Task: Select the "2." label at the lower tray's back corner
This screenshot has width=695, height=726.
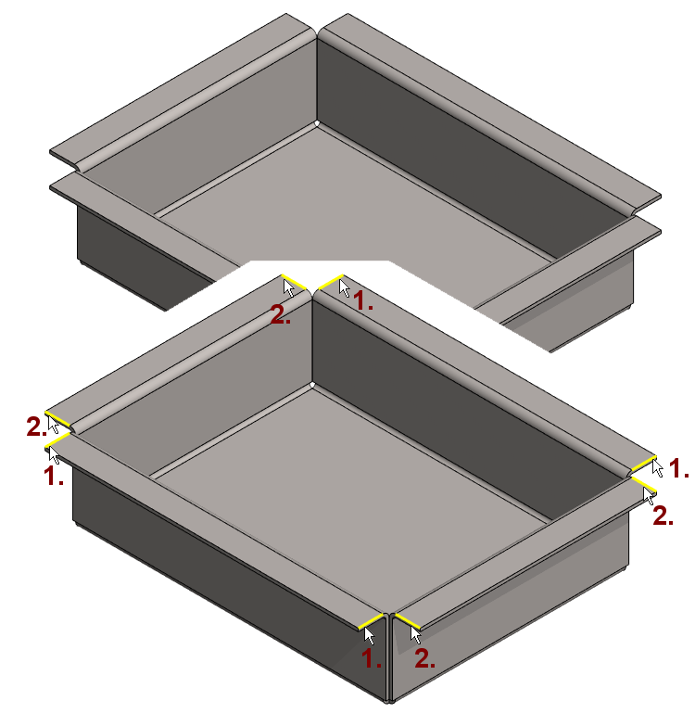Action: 281,315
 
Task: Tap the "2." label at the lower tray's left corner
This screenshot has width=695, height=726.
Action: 36,427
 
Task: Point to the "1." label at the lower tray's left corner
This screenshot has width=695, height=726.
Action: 53,476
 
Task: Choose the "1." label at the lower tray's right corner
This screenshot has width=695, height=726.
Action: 679,468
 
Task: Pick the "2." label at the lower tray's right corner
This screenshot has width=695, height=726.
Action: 663,516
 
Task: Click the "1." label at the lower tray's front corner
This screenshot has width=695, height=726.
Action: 371,658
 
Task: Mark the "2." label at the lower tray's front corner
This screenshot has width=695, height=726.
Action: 424,658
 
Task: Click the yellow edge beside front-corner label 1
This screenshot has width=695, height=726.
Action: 372,621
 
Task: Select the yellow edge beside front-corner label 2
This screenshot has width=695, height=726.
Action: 407,621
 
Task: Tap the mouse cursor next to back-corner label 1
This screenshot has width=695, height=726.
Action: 345,288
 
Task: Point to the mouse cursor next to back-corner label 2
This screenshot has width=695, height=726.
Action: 289,287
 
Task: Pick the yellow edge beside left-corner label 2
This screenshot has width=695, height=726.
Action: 57,419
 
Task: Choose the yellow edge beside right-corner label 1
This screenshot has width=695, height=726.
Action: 644,464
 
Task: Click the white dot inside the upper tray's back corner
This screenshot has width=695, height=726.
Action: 317,123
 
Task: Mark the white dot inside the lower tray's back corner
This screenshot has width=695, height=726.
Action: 312,385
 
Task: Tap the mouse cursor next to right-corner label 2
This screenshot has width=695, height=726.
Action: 649,496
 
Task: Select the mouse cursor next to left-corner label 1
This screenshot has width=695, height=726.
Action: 54,455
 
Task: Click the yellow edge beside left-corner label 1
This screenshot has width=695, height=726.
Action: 57,440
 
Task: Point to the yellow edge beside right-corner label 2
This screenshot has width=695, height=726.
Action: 644,484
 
